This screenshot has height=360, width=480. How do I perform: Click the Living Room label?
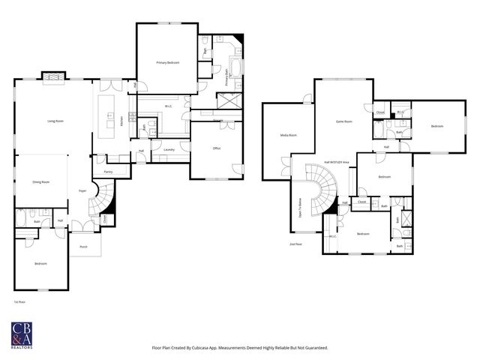click(x=55, y=121)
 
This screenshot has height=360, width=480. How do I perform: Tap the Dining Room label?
click(x=40, y=182)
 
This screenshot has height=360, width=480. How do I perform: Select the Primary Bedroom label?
click(x=167, y=62)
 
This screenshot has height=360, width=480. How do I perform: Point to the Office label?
click(x=216, y=148)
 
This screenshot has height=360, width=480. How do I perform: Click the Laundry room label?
click(x=169, y=149)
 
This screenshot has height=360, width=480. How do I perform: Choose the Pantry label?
click(x=108, y=172)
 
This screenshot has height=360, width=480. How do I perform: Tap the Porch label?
click(x=83, y=245)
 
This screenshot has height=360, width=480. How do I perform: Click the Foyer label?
click(x=82, y=191)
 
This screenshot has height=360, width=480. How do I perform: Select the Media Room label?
click(x=288, y=136)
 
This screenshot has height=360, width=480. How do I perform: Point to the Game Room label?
click(x=343, y=121)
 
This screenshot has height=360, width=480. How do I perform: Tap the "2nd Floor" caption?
click(x=295, y=244)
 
